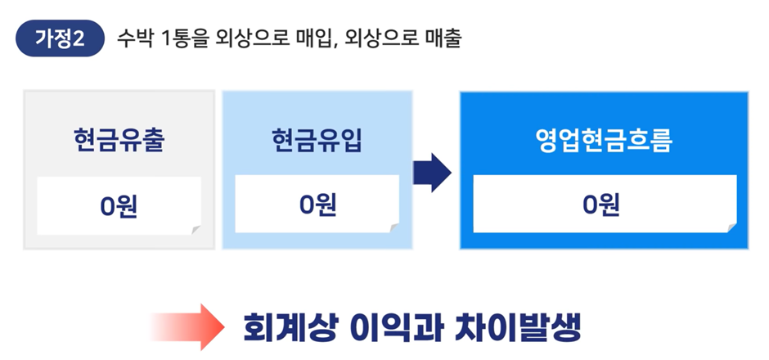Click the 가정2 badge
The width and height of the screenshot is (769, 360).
tap(60, 38)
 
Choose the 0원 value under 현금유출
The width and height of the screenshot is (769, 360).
tap(119, 205)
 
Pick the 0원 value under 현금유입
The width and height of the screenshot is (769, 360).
tap(317, 205)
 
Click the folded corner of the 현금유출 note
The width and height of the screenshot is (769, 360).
tap(195, 227)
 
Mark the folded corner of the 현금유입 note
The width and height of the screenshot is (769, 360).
tap(393, 227)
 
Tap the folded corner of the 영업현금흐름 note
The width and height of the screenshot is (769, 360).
tap(730, 227)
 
